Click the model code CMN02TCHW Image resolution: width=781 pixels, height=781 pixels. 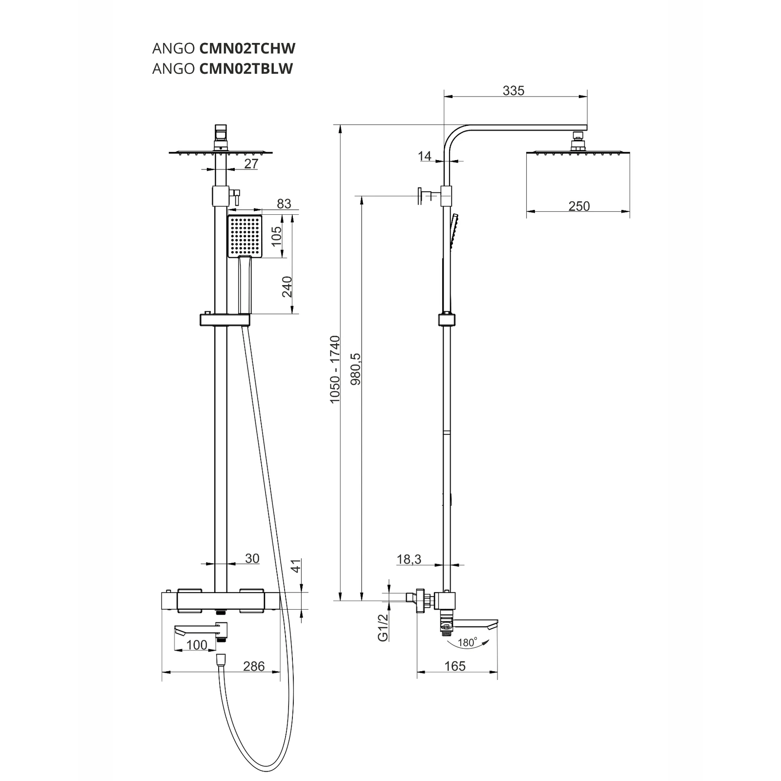[247, 48]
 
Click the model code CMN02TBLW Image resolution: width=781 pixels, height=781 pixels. [246, 69]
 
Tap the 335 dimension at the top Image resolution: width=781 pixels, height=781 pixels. [514, 90]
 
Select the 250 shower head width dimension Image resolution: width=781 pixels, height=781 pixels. [579, 206]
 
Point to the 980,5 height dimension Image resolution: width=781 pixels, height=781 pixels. [356, 369]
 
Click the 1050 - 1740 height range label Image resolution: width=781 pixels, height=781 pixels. [335, 370]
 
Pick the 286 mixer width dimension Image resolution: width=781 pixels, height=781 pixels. [254, 666]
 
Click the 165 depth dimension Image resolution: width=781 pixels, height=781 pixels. [455, 666]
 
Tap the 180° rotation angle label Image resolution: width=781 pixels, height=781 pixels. [467, 642]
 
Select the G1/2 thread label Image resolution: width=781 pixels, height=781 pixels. [383, 627]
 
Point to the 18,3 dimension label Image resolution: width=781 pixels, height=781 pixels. [409, 559]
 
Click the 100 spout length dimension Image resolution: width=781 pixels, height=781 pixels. [197, 645]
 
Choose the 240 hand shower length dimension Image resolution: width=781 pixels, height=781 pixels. [287, 287]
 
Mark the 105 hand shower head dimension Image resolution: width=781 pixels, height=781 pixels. [276, 236]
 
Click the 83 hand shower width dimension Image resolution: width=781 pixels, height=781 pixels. [284, 204]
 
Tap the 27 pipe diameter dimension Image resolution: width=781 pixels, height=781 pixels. [251, 164]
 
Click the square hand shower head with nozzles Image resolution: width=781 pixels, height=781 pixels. [245, 236]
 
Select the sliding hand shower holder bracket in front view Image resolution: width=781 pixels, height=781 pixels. [225, 320]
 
